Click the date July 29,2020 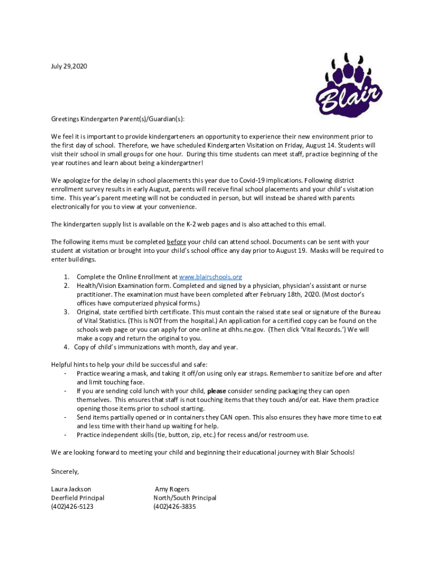[69, 67]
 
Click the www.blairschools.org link [210, 277]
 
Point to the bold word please [217, 391]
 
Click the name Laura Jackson [71, 489]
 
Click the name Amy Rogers [172, 489]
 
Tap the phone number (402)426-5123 [72, 507]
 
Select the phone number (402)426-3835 [175, 507]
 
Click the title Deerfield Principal [77, 498]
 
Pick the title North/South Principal [185, 498]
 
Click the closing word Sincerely [65, 472]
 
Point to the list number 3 [66, 312]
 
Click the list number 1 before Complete [66, 277]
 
